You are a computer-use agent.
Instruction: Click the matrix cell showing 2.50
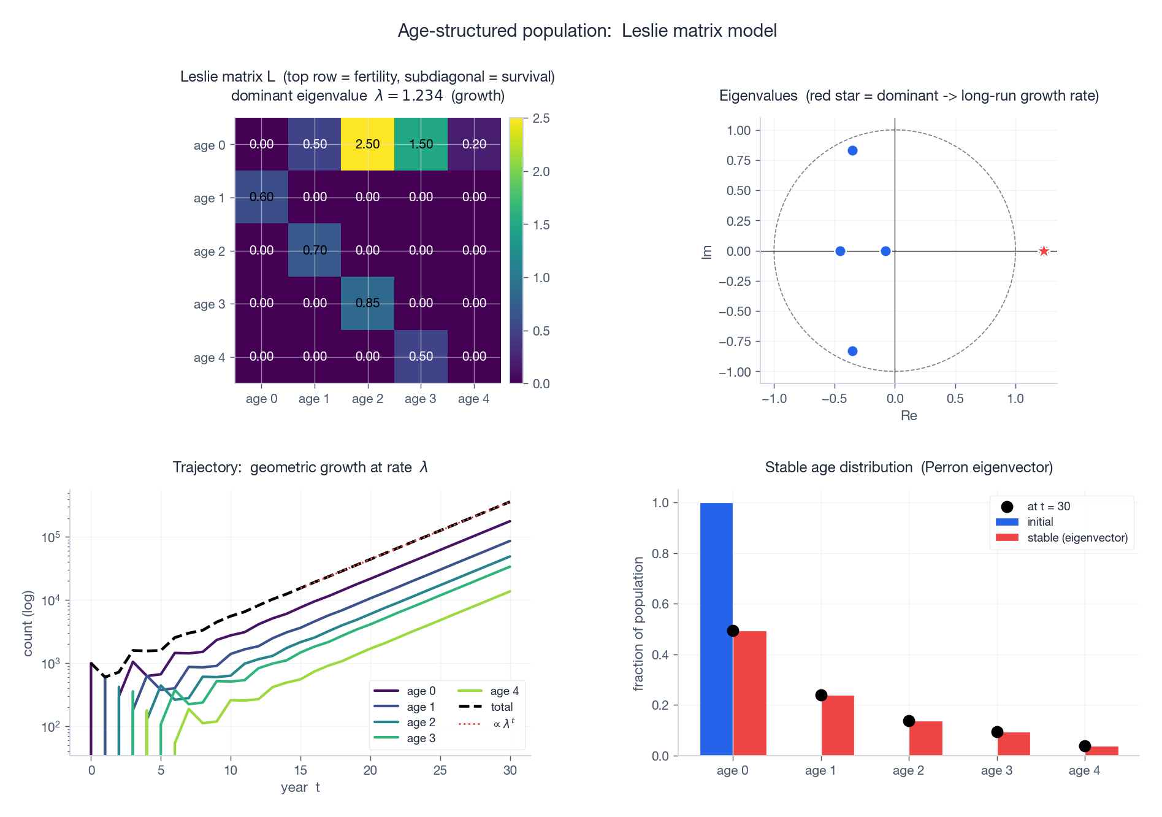tap(367, 144)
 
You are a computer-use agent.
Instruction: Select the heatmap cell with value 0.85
tap(367, 303)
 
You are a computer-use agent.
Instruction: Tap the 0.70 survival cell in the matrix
tap(315, 250)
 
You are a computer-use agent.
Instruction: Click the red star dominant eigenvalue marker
tap(1044, 251)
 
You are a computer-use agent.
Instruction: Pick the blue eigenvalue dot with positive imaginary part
tap(852, 151)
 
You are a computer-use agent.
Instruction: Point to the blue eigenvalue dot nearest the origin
tap(885, 251)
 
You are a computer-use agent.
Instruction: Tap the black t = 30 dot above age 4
tap(1085, 746)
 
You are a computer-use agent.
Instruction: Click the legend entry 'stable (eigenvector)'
tap(1077, 538)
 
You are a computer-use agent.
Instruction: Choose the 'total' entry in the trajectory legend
tap(502, 707)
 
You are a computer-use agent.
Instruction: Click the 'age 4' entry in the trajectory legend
tap(504, 691)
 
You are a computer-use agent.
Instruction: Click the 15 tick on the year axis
tap(300, 770)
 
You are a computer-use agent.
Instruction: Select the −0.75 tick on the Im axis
tap(735, 342)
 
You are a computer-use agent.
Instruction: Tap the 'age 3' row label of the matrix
tap(209, 304)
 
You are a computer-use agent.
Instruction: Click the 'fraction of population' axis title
tap(638, 623)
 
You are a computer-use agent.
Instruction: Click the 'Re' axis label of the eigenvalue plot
tap(908, 416)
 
